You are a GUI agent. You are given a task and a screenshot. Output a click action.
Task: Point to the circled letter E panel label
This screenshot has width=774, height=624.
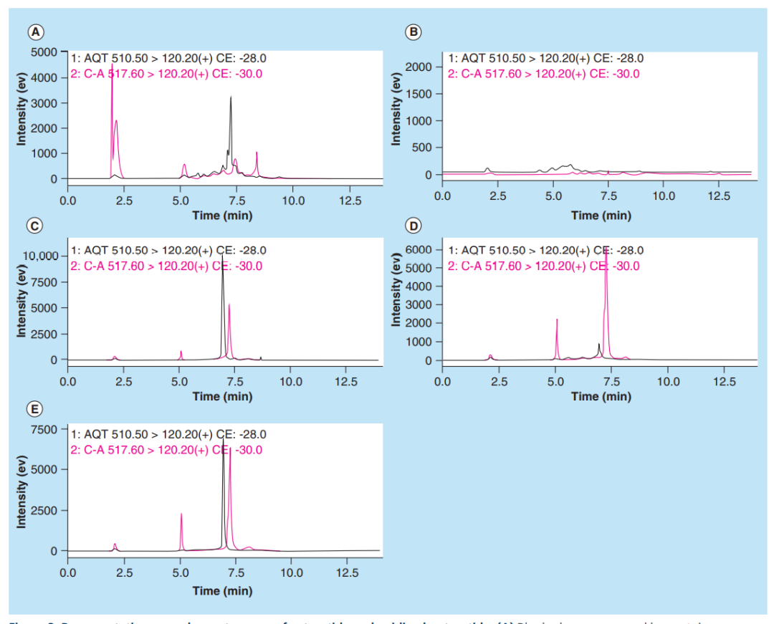tap(34, 409)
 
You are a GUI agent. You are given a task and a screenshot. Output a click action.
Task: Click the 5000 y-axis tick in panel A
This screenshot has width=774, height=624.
tap(42, 52)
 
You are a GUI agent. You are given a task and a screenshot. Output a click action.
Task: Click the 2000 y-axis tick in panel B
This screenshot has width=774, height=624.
tap(417, 67)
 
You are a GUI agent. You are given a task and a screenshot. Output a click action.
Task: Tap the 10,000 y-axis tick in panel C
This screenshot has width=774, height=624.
tap(40, 256)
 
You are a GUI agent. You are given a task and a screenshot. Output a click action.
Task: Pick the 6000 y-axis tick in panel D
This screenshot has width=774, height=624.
tap(417, 249)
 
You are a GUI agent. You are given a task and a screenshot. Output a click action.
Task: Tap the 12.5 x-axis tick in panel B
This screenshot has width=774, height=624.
tap(719, 196)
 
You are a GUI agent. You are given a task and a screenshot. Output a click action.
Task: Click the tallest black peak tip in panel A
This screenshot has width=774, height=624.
tap(231, 97)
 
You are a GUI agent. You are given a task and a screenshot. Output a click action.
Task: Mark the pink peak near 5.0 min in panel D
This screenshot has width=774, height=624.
tap(557, 320)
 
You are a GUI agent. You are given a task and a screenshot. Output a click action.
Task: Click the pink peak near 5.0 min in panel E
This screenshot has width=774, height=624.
tap(181, 514)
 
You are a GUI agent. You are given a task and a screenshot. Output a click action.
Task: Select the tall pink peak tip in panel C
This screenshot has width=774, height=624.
tap(229, 304)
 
